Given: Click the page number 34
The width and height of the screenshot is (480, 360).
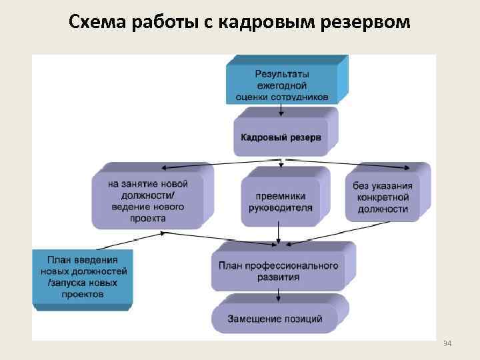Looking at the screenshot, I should [x=447, y=343].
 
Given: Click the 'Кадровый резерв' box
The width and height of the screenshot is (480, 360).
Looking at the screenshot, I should [x=281, y=137].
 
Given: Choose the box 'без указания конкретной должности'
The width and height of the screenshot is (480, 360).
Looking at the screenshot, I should [x=383, y=197].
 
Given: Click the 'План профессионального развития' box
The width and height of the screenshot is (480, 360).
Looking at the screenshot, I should [x=278, y=270].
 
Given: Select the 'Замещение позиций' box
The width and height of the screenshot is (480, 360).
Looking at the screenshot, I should [x=276, y=319].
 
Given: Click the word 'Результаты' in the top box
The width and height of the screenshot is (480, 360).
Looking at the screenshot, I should [x=282, y=73].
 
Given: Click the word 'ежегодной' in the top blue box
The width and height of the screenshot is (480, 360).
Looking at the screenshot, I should [x=282, y=85].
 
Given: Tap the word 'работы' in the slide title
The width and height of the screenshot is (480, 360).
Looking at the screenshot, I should [x=155, y=23].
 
